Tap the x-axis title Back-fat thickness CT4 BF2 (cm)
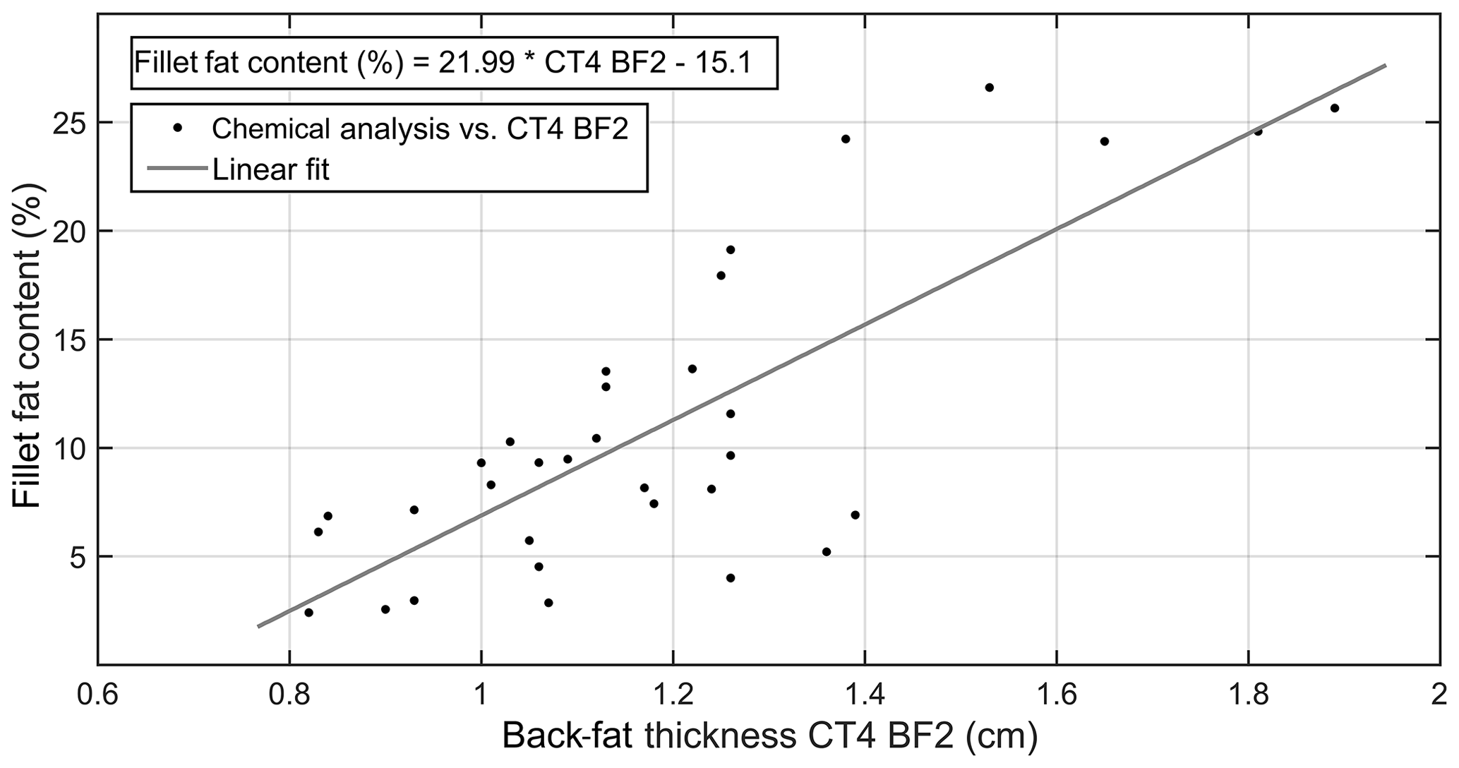[769, 737]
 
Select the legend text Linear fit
[270, 169]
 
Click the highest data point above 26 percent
[989, 88]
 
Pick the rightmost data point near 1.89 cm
[1334, 108]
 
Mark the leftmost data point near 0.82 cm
[308, 612]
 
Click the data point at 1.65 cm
[1105, 141]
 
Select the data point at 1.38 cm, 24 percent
[846, 139]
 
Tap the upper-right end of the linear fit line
[1385, 66]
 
